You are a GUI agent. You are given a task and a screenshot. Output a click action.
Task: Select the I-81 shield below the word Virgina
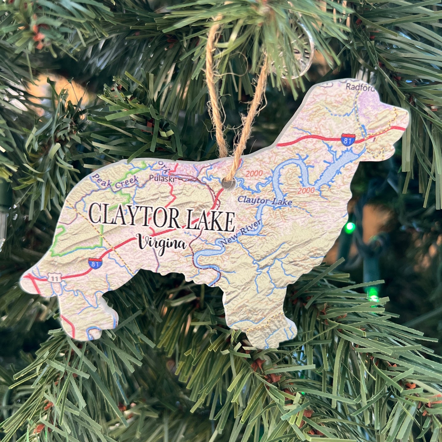pos(95,263)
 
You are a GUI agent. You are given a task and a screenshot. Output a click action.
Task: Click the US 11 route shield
pos(55,278)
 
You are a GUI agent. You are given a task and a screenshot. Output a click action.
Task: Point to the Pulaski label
pos(161,178)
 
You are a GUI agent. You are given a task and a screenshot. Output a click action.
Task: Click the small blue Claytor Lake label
pos(265,201)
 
